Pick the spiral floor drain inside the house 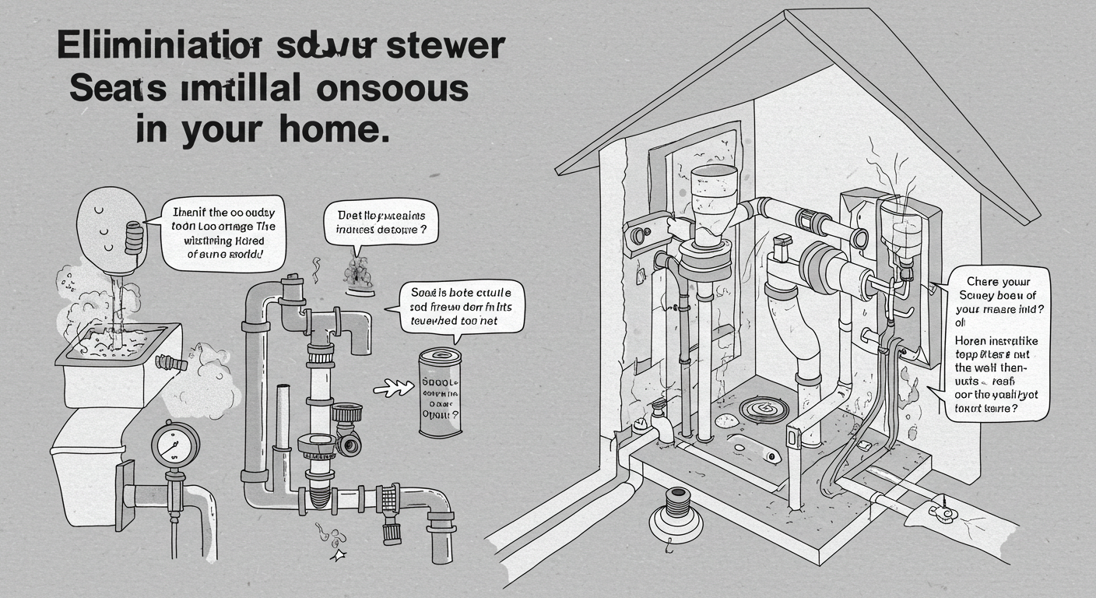coord(754,407)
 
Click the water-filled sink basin coord(117,343)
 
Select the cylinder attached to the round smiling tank coord(135,235)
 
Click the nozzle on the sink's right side coord(172,362)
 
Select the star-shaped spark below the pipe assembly coord(339,554)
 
